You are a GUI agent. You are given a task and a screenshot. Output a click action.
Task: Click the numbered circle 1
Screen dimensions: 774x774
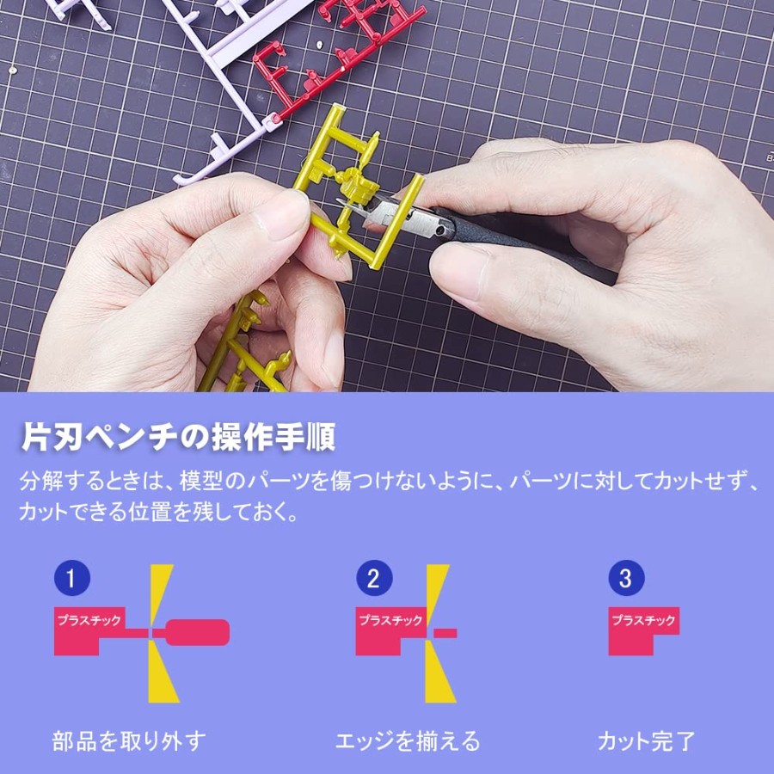click(x=72, y=578)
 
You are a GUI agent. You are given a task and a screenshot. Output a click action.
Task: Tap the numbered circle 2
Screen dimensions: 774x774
click(x=374, y=578)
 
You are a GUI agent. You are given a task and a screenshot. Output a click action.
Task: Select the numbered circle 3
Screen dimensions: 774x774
click(x=626, y=578)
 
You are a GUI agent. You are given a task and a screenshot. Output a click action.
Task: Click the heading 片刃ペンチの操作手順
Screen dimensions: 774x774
click(x=178, y=437)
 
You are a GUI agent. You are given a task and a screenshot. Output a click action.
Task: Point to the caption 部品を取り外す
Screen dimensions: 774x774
click(x=129, y=741)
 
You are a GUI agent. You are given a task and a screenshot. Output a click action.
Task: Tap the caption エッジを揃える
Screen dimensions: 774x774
click(x=408, y=741)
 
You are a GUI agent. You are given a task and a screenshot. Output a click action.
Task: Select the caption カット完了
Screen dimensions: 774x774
click(x=646, y=741)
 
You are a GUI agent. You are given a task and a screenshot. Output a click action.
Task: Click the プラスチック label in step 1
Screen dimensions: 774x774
click(x=89, y=620)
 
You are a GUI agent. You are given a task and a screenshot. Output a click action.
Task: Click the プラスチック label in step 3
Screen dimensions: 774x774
click(x=643, y=620)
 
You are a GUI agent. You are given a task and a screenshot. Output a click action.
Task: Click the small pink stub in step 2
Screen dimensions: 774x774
click(x=445, y=633)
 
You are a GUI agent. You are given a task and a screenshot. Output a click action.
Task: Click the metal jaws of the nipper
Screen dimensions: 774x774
click(x=390, y=212)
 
